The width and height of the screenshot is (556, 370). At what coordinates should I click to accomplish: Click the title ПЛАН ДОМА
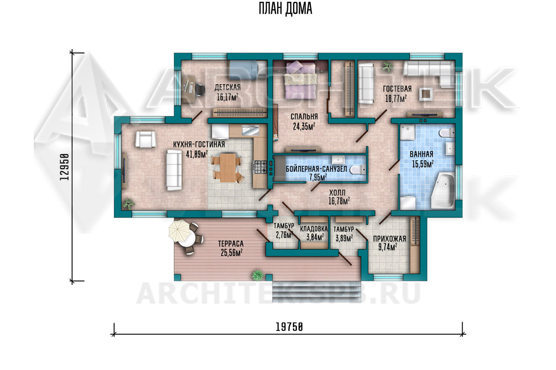click(x=285, y=9)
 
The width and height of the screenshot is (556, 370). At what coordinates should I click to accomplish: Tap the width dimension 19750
click(x=289, y=327)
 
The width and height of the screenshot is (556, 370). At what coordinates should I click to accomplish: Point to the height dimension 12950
click(x=64, y=167)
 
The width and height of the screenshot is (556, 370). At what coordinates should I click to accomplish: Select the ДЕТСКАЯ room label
click(x=228, y=87)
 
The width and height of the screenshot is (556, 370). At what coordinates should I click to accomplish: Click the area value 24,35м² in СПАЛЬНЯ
click(x=304, y=127)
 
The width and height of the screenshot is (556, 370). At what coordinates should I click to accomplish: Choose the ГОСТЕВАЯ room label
click(x=397, y=89)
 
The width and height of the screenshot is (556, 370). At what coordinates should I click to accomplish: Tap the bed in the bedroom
click(x=301, y=80)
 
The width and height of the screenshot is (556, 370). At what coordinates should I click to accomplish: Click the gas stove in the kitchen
click(x=260, y=167)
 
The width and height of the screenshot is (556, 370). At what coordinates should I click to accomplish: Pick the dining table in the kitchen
click(x=228, y=168)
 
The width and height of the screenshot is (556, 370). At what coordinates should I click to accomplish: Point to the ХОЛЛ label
click(x=337, y=192)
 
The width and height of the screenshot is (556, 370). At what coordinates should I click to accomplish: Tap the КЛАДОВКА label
click(x=314, y=229)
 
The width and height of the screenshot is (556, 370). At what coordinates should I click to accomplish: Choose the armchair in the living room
click(x=145, y=139)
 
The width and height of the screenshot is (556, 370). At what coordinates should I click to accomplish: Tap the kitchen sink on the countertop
click(x=250, y=130)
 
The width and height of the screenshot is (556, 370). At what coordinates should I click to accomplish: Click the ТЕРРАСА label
click(x=231, y=243)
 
